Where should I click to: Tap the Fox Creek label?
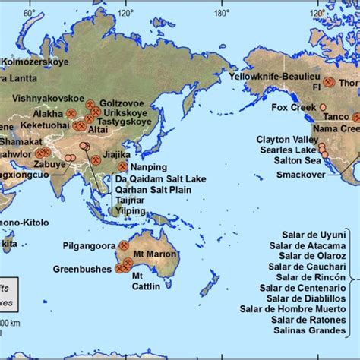click(x=293, y=108)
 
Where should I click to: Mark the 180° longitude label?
click(x=221, y=13)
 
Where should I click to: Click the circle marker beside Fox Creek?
click(x=323, y=108)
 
